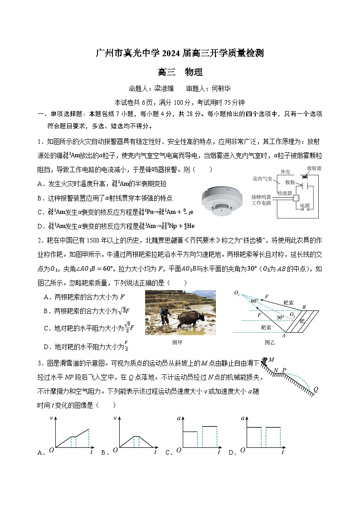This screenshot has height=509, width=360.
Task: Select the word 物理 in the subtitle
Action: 194,72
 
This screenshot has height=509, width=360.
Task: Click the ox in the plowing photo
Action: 191,319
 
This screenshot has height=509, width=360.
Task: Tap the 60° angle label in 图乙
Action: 254,301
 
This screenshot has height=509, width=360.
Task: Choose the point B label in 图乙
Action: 304,307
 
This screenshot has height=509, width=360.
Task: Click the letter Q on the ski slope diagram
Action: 316,389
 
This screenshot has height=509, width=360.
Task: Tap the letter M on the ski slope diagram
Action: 271,360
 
